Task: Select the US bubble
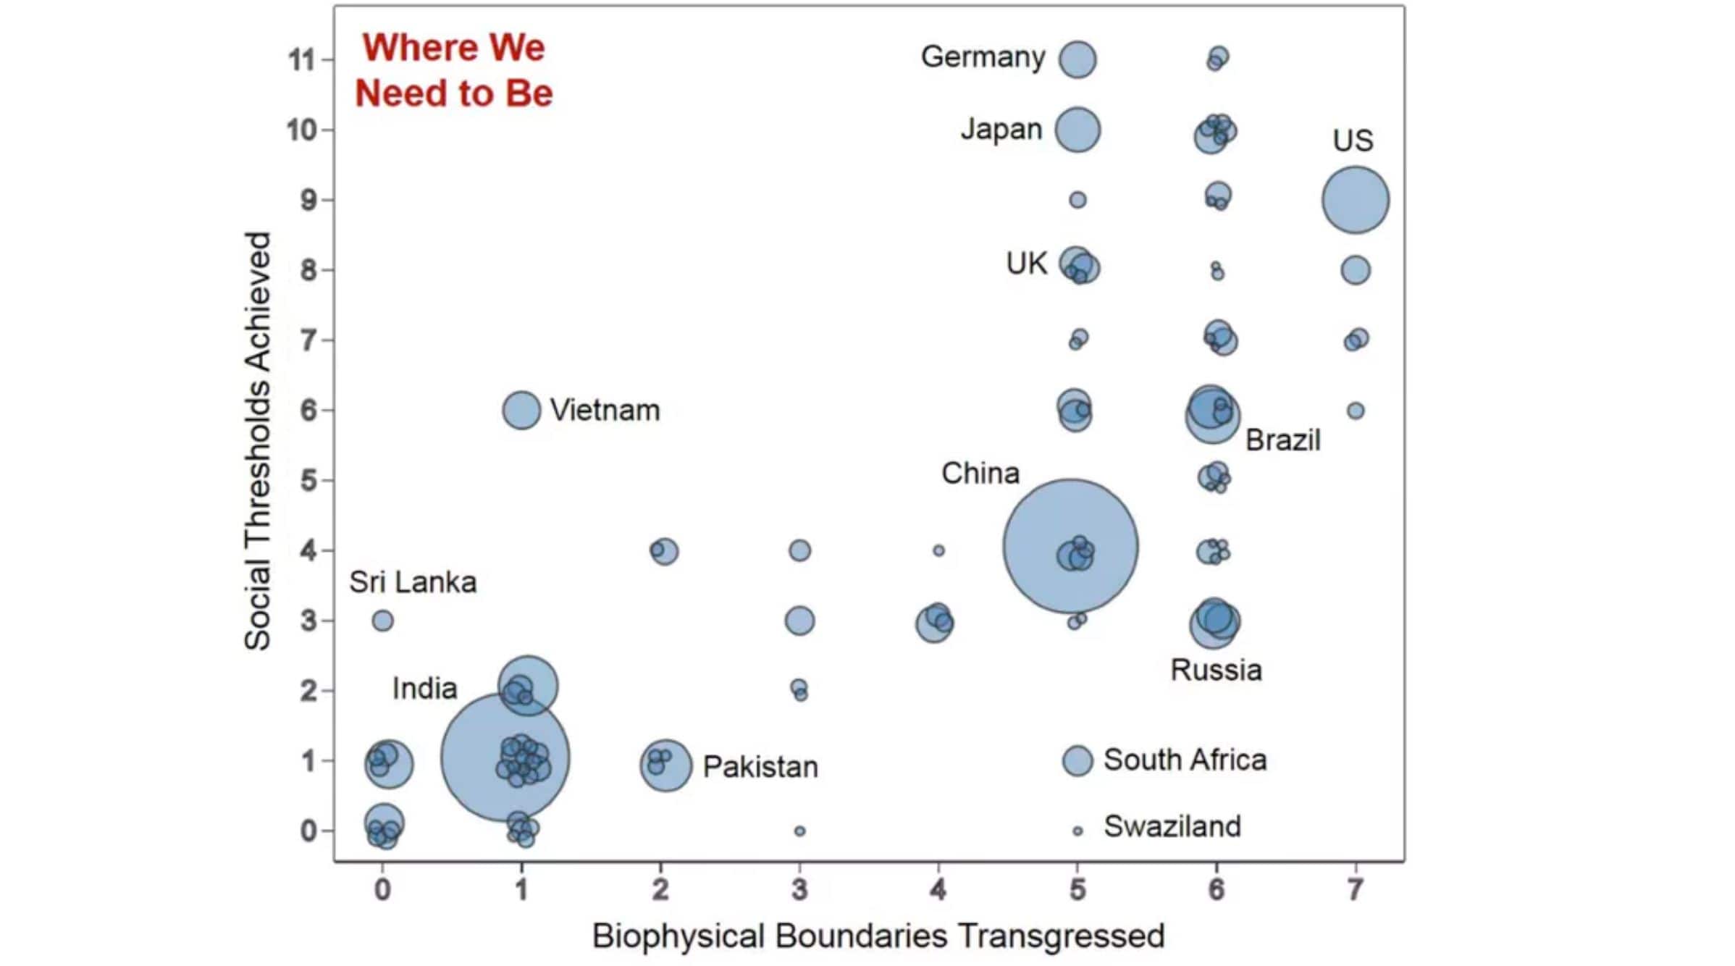pyautogui.click(x=1355, y=200)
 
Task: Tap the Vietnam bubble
pyautogui.click(x=521, y=410)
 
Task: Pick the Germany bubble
pyautogui.click(x=1077, y=59)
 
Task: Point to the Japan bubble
pyautogui.click(x=1077, y=130)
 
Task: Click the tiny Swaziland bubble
pyautogui.click(x=1077, y=831)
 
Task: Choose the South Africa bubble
pyautogui.click(x=1077, y=761)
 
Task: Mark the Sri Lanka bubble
pyautogui.click(x=383, y=621)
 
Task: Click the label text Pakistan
pyautogui.click(x=760, y=767)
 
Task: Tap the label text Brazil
pyautogui.click(x=1282, y=440)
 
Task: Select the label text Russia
pyautogui.click(x=1216, y=670)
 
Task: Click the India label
pyautogui.click(x=424, y=688)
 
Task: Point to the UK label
pyautogui.click(x=1026, y=264)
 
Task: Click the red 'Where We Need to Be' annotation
pyautogui.click(x=454, y=70)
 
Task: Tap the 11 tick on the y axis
pyautogui.click(x=303, y=59)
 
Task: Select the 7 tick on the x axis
pyautogui.click(x=1355, y=889)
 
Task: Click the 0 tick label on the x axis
pyautogui.click(x=383, y=889)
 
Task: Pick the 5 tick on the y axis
pyautogui.click(x=308, y=480)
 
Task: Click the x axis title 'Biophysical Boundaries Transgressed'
pyautogui.click(x=878, y=936)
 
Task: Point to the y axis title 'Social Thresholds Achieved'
pyautogui.click(x=258, y=441)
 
